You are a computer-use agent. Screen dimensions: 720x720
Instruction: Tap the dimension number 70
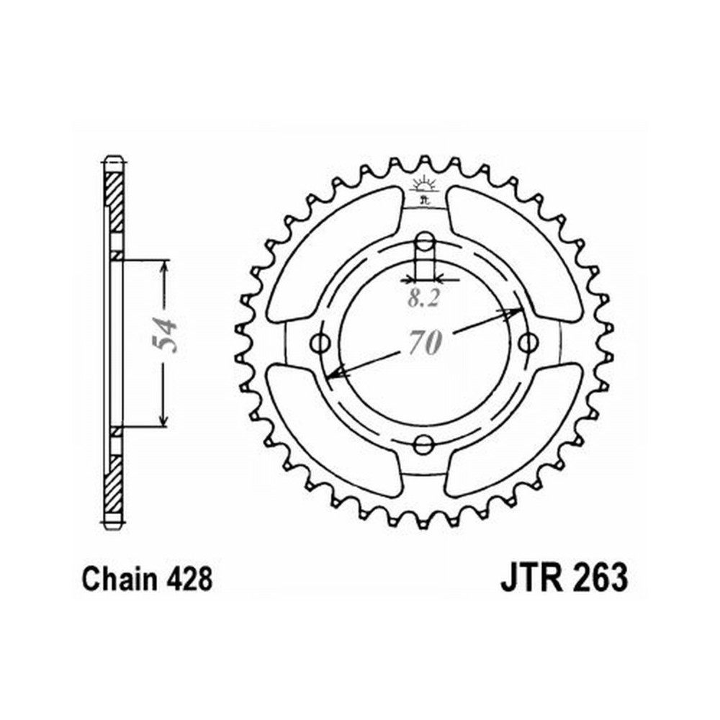click(x=426, y=343)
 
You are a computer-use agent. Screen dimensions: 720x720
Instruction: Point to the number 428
click(x=189, y=580)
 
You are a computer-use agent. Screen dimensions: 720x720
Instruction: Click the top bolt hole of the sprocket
click(x=426, y=240)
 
